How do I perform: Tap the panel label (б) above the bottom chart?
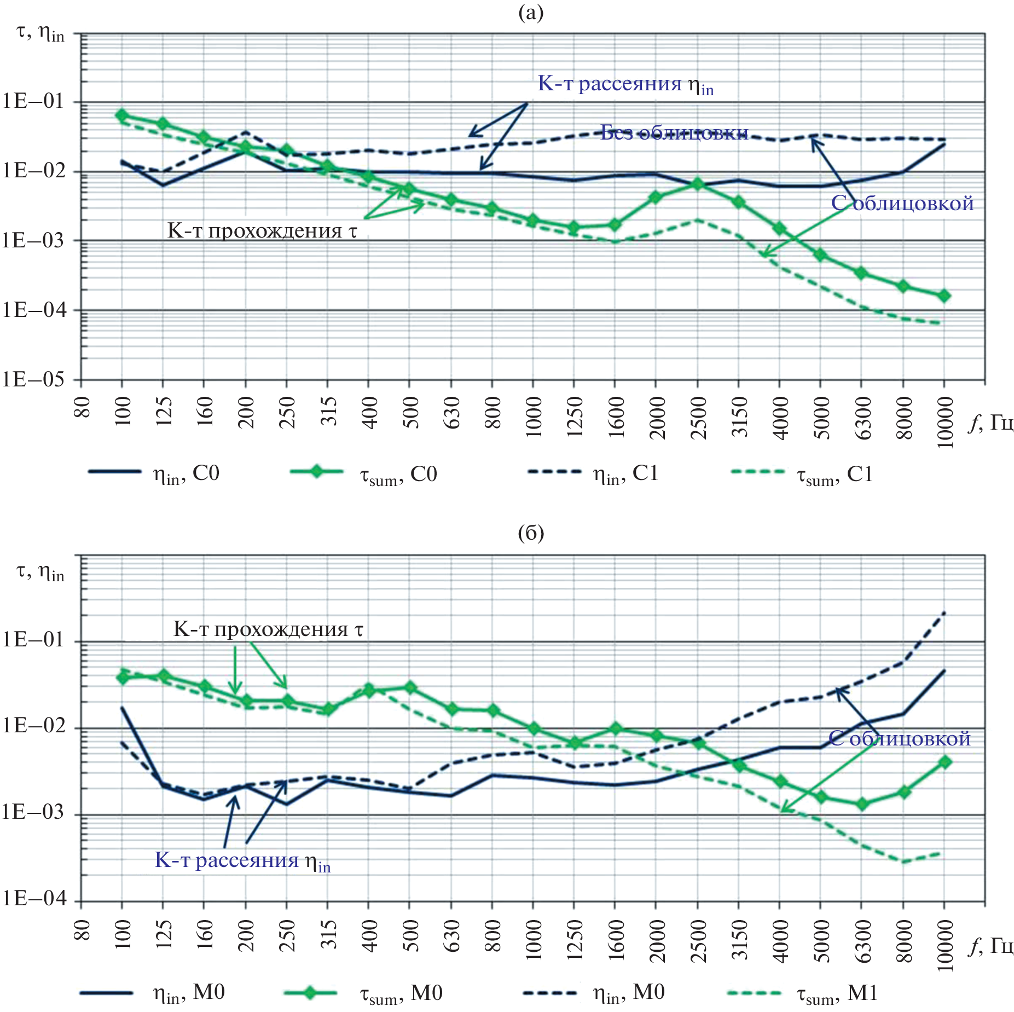530,533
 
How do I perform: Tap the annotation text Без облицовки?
674,132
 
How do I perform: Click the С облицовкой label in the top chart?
902,203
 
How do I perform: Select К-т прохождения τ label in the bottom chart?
268,629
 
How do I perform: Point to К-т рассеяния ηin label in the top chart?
625,84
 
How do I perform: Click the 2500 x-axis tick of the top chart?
698,418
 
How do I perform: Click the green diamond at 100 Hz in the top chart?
121,115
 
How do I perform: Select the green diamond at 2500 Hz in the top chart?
697,184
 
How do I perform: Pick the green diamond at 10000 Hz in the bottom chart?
945,762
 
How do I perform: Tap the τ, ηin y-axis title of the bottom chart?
40,572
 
